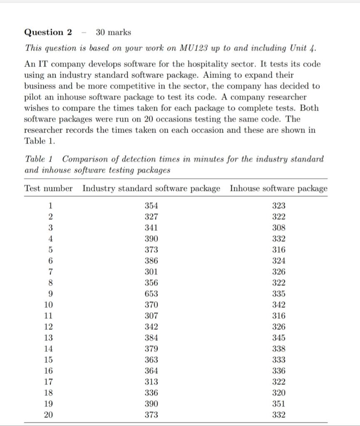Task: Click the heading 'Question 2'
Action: (48, 32)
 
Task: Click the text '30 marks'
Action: (113, 32)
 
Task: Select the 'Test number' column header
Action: (48, 188)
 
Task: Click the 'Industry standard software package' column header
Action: (151, 188)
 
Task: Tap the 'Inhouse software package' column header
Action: (278, 188)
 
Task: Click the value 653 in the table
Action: (151, 294)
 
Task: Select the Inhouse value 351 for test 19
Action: (278, 404)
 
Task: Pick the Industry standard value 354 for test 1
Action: (151, 206)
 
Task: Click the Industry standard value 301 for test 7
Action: (151, 272)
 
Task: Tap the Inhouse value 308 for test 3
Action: (278, 228)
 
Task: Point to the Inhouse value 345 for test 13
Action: (278, 338)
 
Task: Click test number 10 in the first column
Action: (48, 305)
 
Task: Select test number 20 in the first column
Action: (48, 414)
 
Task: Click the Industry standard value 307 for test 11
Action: (151, 316)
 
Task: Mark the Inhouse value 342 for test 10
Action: (278, 305)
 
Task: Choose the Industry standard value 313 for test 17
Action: (151, 381)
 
